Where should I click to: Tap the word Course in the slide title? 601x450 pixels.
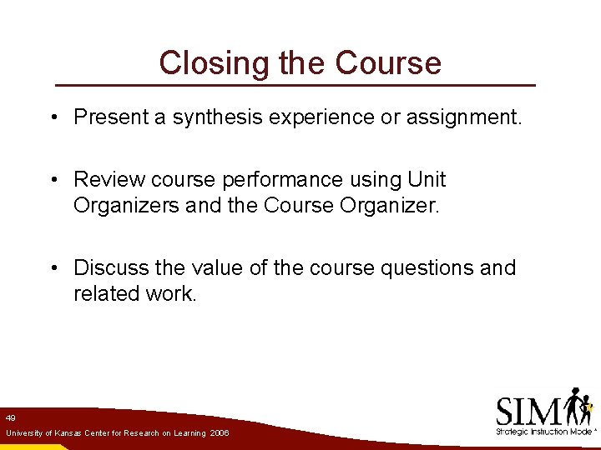point(388,62)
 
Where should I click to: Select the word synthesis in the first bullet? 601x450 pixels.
point(219,117)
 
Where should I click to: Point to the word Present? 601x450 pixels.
point(110,117)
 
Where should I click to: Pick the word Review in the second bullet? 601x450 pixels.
point(106,179)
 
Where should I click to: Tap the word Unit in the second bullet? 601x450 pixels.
point(428,179)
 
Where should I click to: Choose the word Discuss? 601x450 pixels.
point(110,267)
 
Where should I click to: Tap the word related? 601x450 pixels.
point(103,292)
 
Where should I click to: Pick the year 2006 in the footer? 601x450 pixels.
point(220,434)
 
